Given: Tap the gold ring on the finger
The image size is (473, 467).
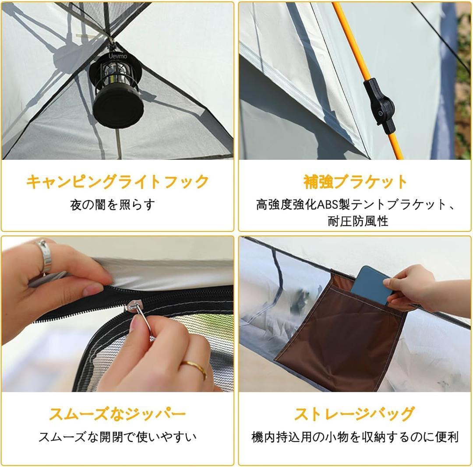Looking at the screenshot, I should point(194,368).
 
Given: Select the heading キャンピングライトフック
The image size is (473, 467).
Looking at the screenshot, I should point(117,182).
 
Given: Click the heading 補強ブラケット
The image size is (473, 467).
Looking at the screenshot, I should point(355,182).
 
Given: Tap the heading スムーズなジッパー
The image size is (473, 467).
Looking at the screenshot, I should point(117,414).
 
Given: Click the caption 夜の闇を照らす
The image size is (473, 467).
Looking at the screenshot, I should point(113,205).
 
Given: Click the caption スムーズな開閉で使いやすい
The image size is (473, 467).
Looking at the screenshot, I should point(117,436).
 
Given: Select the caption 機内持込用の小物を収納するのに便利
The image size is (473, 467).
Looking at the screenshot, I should point(355,437).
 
